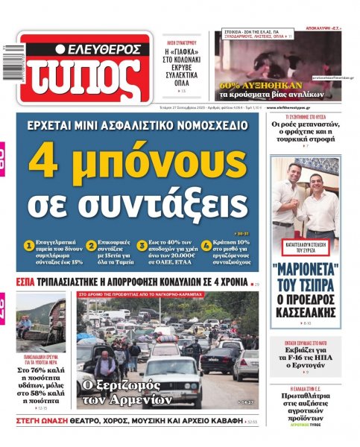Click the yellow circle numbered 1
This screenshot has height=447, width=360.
coord(29,244)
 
